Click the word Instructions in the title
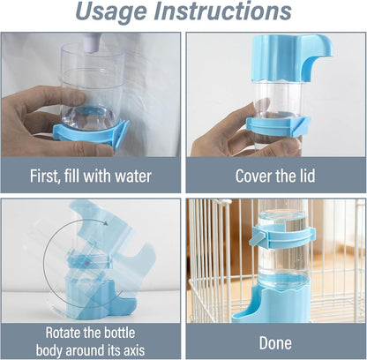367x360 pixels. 228,12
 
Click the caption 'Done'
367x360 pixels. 275,342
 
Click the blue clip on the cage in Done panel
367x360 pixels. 280,236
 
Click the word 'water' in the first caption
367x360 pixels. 131,176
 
